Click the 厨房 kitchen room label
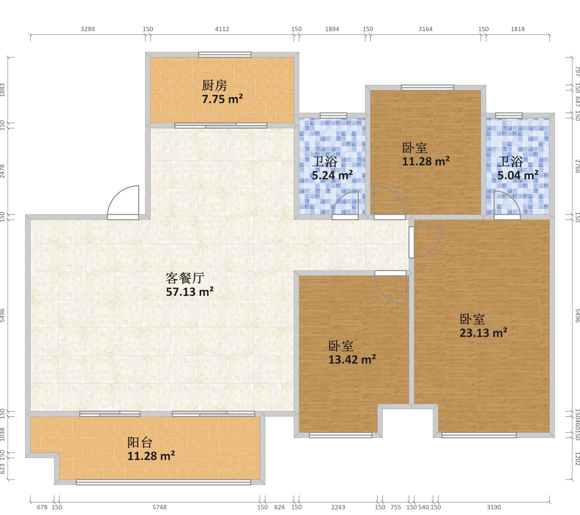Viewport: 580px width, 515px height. click(x=214, y=85)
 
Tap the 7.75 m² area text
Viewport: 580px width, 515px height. click(x=222, y=99)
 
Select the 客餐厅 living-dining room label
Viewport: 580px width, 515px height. click(x=185, y=278)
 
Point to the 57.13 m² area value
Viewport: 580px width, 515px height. click(x=190, y=292)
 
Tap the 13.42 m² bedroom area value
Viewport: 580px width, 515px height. click(x=352, y=359)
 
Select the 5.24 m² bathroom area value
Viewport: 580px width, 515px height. click(x=332, y=175)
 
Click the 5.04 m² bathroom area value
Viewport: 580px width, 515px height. click(x=518, y=175)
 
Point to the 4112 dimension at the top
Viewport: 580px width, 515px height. click(x=222, y=29)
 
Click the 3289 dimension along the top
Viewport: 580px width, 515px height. click(x=88, y=29)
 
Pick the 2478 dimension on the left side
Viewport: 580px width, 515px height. click(x=3, y=171)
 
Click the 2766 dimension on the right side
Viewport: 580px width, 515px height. click(x=577, y=166)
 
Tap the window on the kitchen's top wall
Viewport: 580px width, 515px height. click(x=224, y=54)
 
